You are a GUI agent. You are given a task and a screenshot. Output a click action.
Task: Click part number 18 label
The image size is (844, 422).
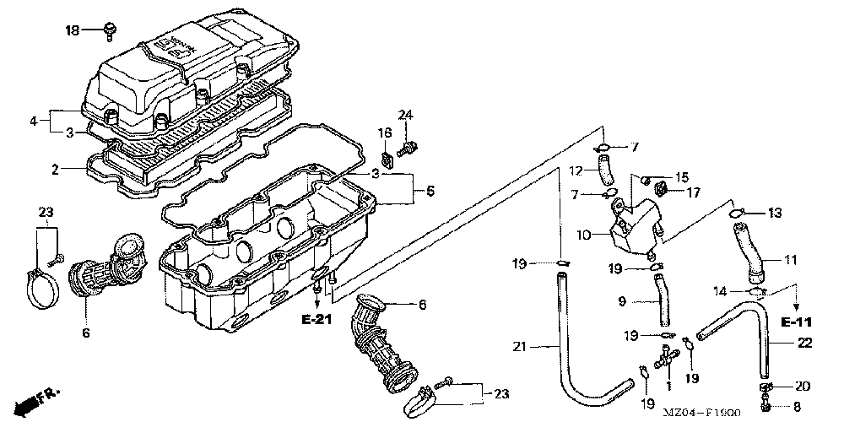(73, 30)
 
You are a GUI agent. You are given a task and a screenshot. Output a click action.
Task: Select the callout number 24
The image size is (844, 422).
(406, 115)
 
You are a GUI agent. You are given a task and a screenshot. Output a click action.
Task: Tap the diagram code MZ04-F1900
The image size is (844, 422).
(706, 414)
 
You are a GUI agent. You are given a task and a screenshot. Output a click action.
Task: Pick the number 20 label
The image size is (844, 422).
(802, 387)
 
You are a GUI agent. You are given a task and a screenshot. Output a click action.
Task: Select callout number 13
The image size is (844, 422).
(776, 212)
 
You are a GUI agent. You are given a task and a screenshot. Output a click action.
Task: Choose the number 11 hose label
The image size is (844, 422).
(790, 260)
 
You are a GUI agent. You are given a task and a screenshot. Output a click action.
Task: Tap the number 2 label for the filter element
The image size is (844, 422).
(55, 170)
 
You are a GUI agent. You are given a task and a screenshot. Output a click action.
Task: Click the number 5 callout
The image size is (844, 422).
(429, 192)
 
